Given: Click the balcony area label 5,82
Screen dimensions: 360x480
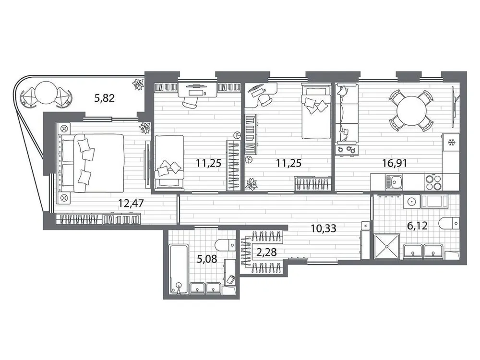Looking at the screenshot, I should (x=105, y=99).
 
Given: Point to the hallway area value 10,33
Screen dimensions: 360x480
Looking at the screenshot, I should (x=323, y=229).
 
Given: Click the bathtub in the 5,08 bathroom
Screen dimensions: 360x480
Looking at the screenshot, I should (x=179, y=268).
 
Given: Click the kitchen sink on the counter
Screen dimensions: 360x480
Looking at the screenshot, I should (x=396, y=181).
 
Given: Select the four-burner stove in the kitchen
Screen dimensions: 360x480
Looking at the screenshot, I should (x=435, y=181).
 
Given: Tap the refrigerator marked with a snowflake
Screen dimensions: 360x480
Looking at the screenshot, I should (x=451, y=143).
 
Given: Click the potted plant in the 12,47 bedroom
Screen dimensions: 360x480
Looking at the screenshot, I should (x=144, y=127).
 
